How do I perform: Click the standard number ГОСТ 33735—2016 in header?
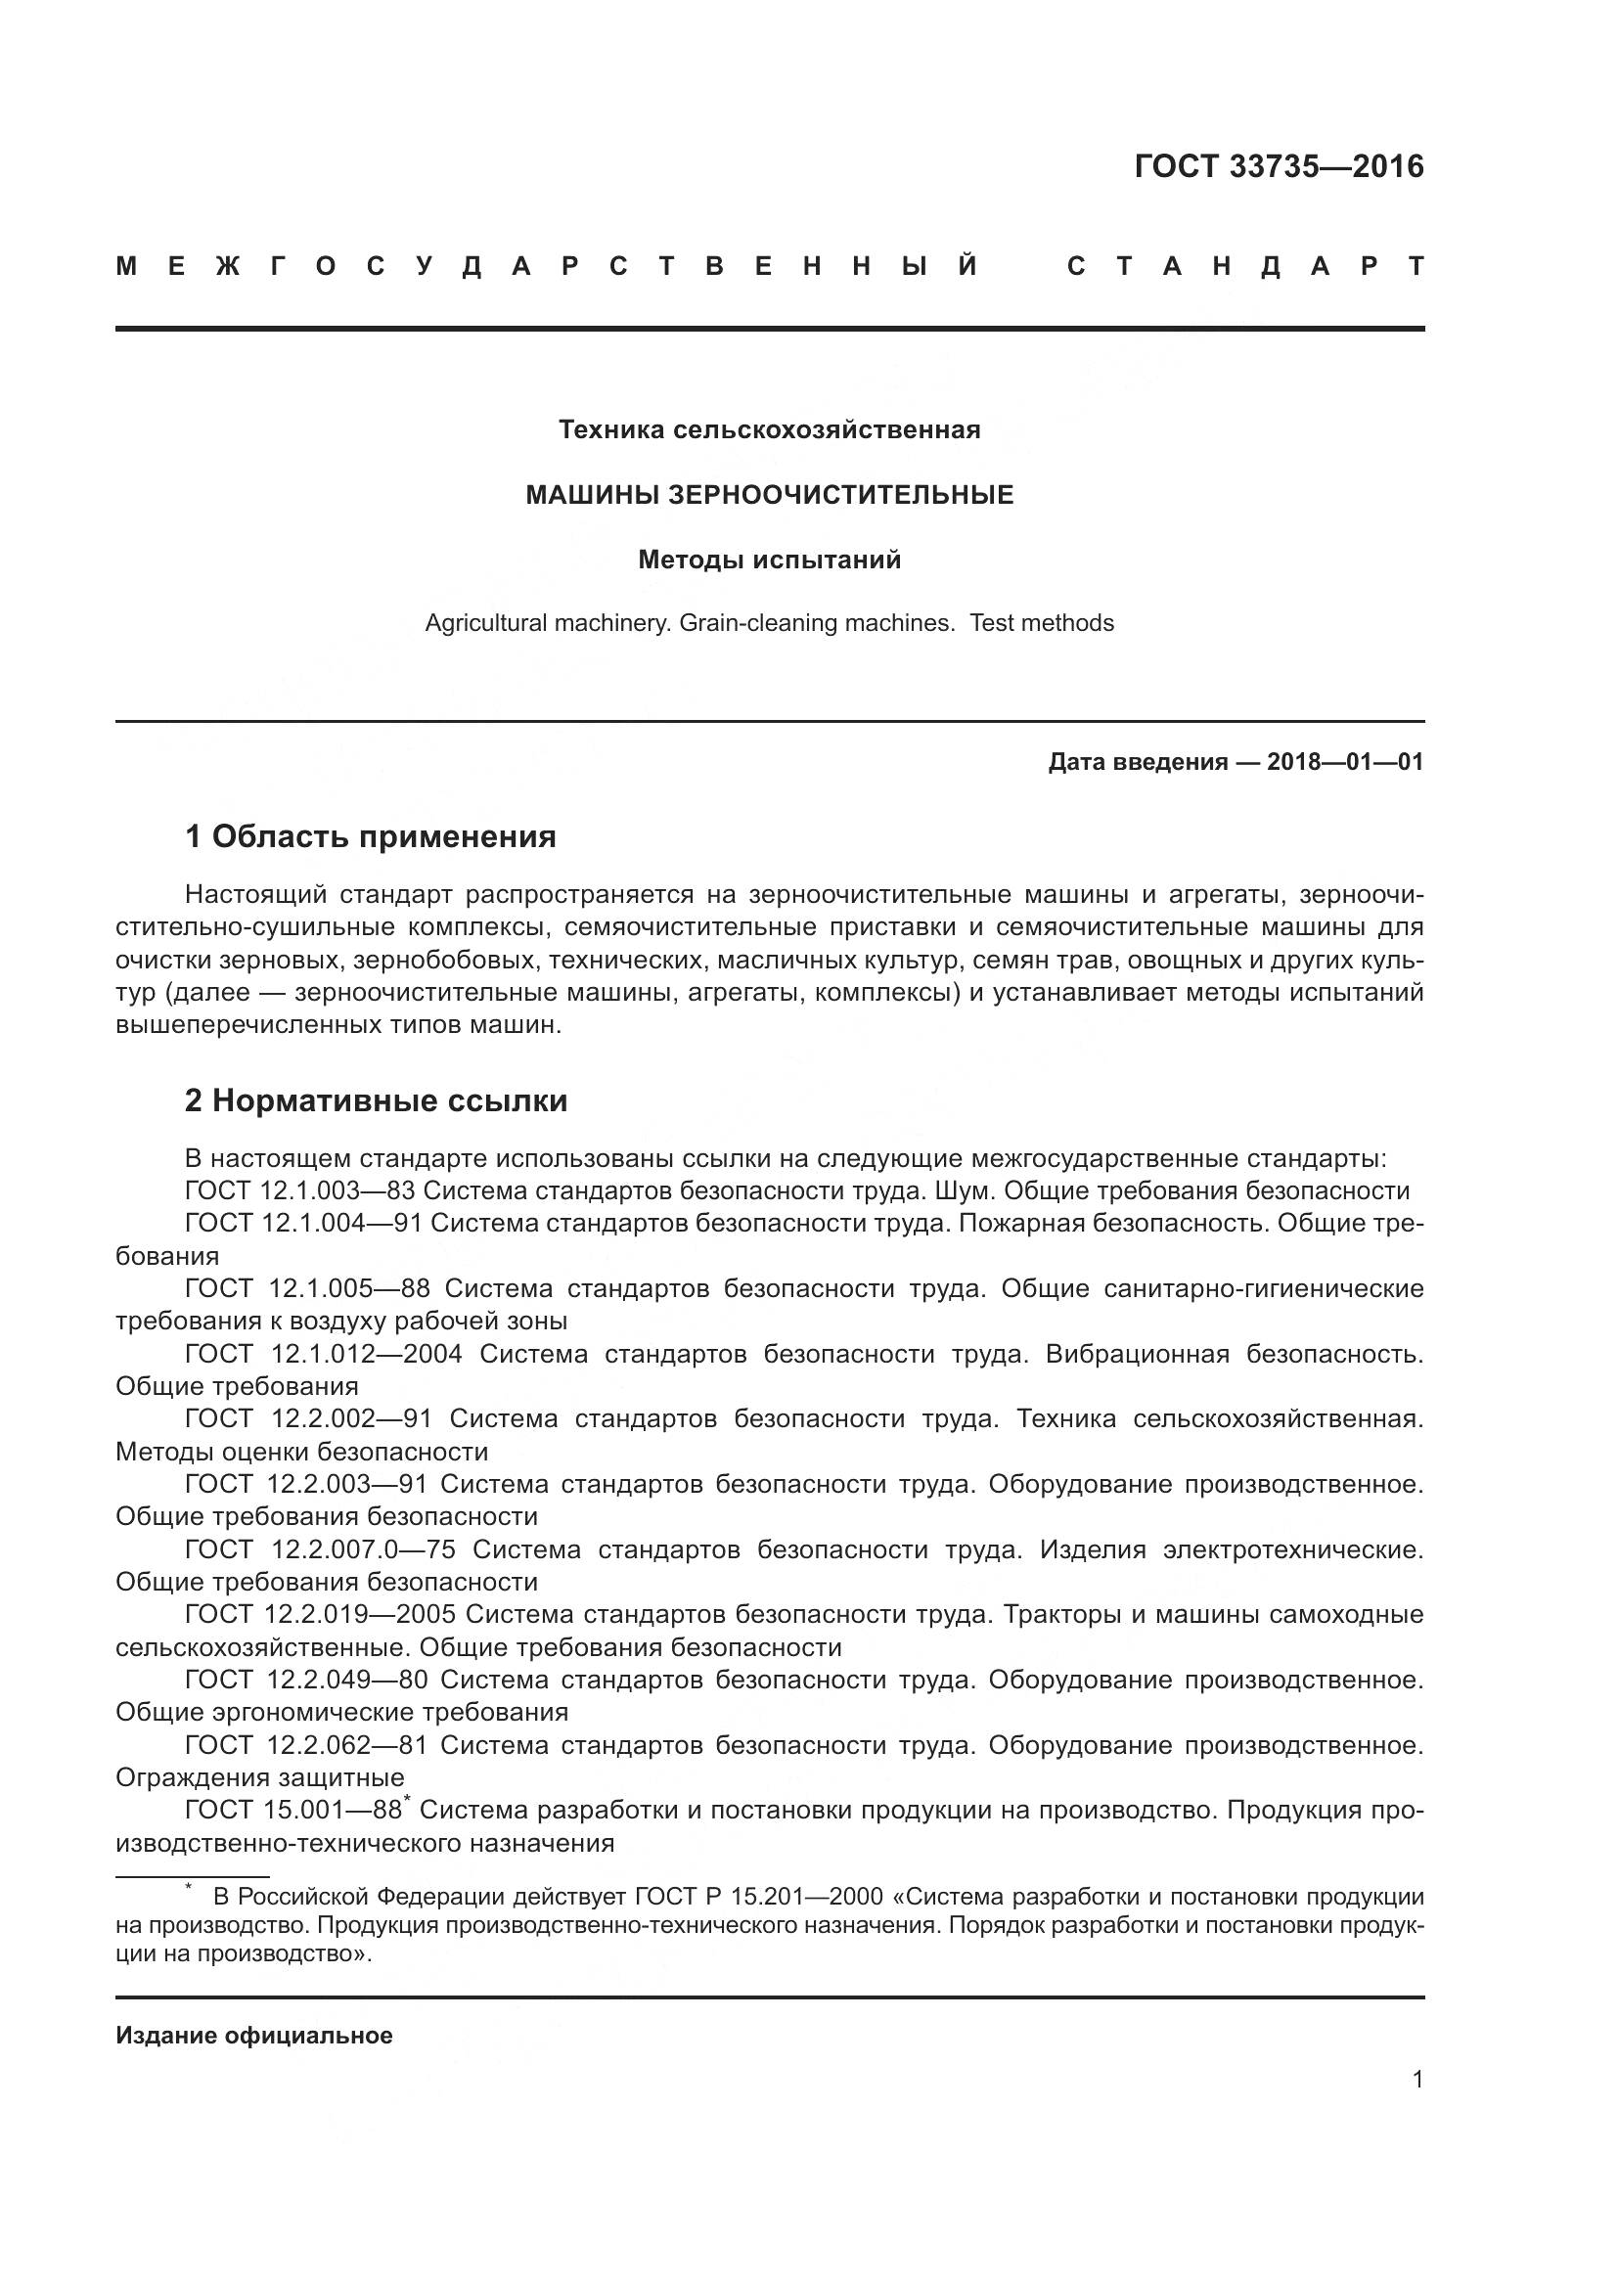tap(1279, 166)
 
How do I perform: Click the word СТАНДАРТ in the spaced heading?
tap(1244, 267)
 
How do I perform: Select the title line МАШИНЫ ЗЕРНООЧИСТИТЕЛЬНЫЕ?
tap(769, 495)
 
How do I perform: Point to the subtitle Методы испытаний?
tap(769, 561)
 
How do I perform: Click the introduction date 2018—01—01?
tap(1344, 763)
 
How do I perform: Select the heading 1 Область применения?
tap(370, 837)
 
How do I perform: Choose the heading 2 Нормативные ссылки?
tap(376, 1101)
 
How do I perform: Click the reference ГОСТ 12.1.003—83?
tap(304, 1191)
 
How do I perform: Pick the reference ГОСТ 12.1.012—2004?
tap(323, 1354)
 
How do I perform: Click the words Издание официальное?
tap(254, 2036)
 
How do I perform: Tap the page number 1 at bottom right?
tap(1416, 2080)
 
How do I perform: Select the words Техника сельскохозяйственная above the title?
tap(769, 430)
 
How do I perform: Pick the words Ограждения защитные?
tap(259, 1777)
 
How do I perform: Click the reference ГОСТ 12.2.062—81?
tap(306, 1745)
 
